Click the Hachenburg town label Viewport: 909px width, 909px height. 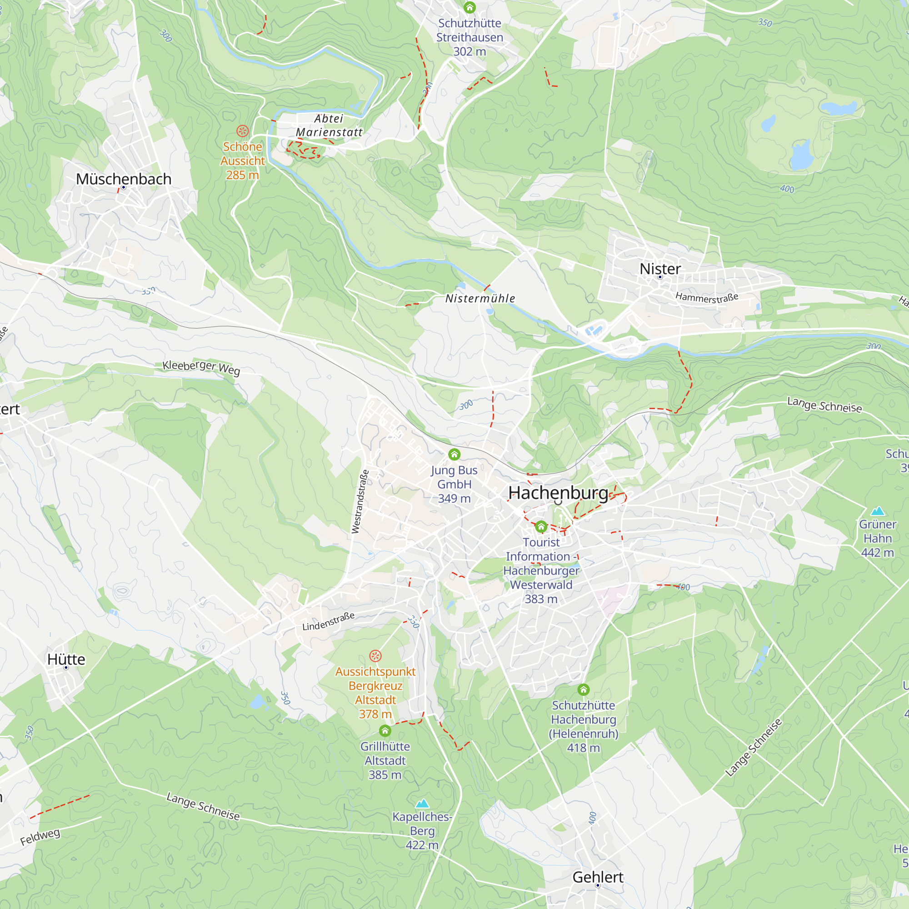coord(558,493)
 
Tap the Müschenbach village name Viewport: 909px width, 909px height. coord(124,179)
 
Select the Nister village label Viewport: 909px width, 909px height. coord(660,269)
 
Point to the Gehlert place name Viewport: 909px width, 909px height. coord(598,877)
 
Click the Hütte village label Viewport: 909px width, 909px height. coord(66,659)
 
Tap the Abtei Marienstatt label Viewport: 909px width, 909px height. coord(329,125)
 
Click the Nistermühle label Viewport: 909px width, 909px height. coord(480,298)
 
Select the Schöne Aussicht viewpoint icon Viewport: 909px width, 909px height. coord(242,131)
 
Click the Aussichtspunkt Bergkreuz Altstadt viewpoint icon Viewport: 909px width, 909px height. coord(375,656)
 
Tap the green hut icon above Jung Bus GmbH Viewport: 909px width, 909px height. coord(454,454)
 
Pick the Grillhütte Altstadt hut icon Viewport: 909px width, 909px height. coord(385,731)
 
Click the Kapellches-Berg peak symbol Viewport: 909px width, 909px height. coord(422,803)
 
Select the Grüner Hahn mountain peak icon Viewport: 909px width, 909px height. coord(878,511)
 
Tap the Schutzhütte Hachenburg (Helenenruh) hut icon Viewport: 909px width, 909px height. coord(584,690)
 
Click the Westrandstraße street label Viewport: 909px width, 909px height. coord(360,502)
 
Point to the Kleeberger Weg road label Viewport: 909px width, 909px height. coord(201,367)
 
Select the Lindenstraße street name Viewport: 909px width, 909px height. coord(329,621)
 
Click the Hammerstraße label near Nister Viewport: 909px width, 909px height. coord(707,297)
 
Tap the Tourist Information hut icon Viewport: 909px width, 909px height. coord(541,526)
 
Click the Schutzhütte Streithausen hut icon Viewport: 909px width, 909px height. coord(469,8)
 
